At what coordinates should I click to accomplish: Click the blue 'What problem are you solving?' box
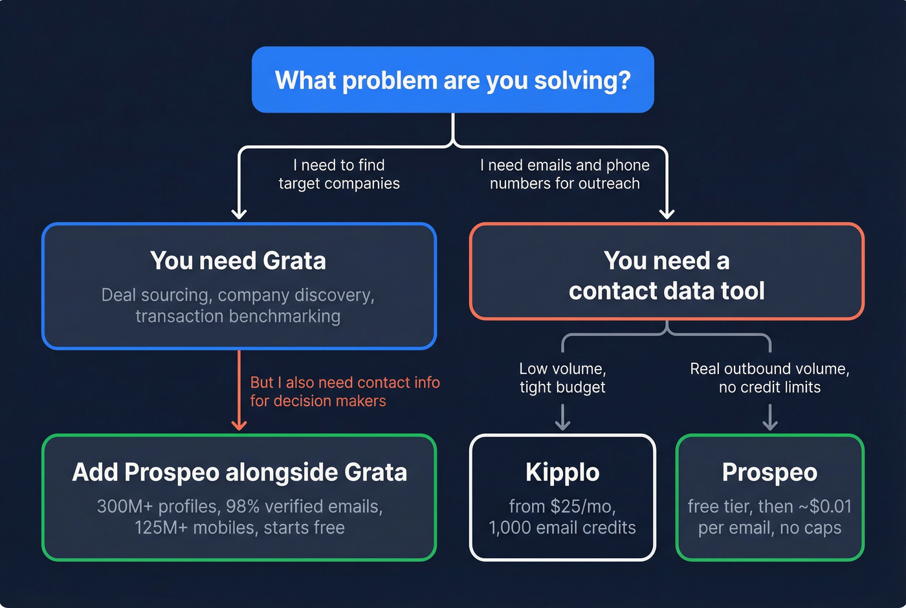452,80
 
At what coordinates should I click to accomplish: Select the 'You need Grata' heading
238,260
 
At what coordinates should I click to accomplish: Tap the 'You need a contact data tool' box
667,272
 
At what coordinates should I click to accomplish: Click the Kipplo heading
562,472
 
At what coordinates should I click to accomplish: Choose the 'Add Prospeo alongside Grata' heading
239,472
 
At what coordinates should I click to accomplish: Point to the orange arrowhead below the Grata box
239,425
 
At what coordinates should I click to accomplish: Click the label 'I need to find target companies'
339,174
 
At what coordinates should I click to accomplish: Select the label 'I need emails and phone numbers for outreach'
564,174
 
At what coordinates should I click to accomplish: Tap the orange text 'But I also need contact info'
345,383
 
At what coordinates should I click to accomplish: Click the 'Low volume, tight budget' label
562,377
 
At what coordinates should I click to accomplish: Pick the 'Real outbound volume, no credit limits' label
769,377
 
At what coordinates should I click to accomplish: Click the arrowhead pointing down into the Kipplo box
562,425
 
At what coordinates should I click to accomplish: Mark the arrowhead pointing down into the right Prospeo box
769,425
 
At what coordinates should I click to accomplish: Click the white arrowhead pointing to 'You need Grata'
239,214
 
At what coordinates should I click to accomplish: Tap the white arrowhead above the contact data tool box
667,214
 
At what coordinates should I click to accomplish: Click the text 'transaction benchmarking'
238,316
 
